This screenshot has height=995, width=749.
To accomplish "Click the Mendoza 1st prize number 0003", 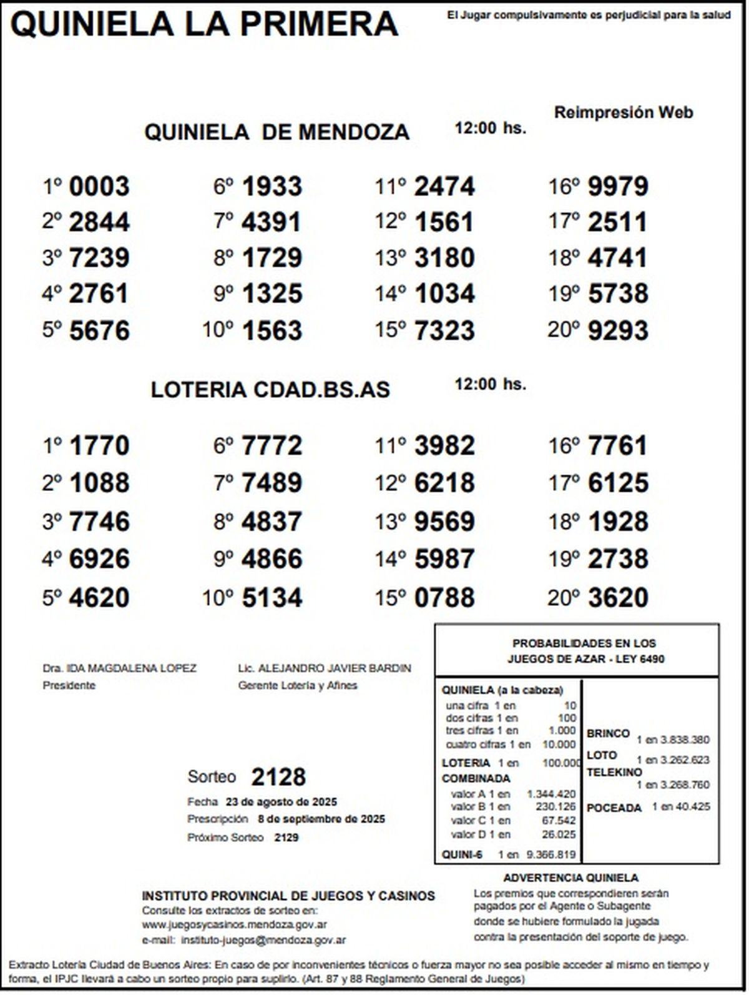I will (x=99, y=186).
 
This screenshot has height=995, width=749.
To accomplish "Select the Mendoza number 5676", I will (x=99, y=330).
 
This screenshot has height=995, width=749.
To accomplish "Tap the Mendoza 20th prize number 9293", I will (x=618, y=330).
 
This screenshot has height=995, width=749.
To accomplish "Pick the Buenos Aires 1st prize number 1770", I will (x=99, y=446).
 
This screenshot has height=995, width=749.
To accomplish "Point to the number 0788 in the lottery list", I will (x=444, y=598).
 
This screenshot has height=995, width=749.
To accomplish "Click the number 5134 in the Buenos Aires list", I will (x=272, y=598).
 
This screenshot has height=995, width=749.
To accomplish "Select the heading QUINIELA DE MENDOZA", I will (x=277, y=132).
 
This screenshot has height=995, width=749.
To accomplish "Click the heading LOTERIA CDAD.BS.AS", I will (x=270, y=390).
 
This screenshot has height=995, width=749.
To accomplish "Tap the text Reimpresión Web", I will (x=624, y=113).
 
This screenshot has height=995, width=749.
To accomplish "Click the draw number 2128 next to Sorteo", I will (x=278, y=778).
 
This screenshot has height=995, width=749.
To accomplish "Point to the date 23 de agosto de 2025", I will (x=281, y=802).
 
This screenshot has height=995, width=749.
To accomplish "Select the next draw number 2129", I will (x=286, y=838).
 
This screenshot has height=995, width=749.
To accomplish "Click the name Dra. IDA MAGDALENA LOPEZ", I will (x=119, y=668).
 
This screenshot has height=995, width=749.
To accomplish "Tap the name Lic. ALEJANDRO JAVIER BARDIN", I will (x=325, y=668).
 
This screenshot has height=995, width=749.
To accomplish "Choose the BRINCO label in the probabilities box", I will (x=608, y=733).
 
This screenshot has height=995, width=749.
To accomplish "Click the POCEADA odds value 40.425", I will (x=692, y=806).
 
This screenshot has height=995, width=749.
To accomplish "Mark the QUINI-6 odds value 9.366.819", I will (x=551, y=855).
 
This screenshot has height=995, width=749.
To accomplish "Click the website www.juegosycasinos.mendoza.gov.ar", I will (x=235, y=925).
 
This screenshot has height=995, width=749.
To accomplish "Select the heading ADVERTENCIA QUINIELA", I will (x=570, y=878).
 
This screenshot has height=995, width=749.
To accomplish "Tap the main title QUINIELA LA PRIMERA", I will (x=205, y=25).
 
